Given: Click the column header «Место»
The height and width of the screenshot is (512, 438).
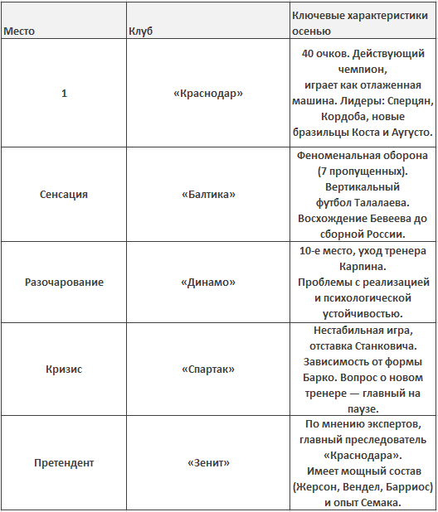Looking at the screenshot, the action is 19,31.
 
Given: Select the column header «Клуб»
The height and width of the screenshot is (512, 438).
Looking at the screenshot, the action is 140,31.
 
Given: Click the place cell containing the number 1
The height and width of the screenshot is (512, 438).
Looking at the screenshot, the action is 64,94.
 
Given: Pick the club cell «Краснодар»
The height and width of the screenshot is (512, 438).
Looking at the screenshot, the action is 208,94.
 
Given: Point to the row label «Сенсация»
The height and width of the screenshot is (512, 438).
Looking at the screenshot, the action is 64,194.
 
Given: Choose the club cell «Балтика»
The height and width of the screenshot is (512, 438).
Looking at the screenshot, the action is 208,194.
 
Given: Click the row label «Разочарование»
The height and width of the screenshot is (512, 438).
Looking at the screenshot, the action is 64,282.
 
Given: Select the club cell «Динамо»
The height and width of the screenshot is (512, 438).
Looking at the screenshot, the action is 208,282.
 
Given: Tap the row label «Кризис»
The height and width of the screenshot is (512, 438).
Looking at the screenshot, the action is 64,369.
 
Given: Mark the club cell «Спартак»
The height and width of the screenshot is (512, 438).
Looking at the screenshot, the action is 208,369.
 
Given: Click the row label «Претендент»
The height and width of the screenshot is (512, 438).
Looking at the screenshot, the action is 64,462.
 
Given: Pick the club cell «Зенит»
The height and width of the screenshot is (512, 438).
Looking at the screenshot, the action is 208,462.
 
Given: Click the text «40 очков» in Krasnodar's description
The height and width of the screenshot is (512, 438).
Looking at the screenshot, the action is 323,54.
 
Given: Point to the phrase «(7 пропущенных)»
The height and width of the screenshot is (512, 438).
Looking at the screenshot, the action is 363,171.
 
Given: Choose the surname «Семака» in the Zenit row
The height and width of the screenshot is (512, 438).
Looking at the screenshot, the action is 384,502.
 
